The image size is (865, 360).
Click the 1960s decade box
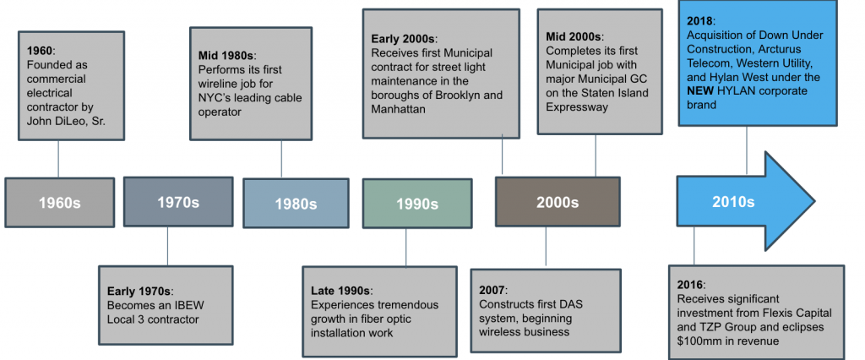pyautogui.click(x=60, y=203)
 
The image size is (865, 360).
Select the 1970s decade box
pyautogui.click(x=178, y=201)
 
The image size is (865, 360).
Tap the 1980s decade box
pyautogui.click(x=296, y=203)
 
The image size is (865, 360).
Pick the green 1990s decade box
pyautogui.click(x=417, y=204)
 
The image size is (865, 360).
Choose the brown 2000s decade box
pyautogui.click(x=558, y=202)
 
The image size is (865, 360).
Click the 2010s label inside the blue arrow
pyautogui.click(x=733, y=202)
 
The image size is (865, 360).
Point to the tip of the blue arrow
pyautogui.click(x=814, y=201)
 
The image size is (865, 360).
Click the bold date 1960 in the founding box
pyautogui.click(x=40, y=51)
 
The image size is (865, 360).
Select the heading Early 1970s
pyautogui.click(x=140, y=291)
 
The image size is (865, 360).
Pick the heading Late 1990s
pyautogui.click(x=341, y=291)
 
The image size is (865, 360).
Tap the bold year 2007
pyautogui.click(x=491, y=290)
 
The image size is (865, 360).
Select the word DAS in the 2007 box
pyautogui.click(x=573, y=304)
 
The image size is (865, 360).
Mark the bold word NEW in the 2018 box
pyautogui.click(x=700, y=90)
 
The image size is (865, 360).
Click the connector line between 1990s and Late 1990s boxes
pyautogui.click(x=406, y=248)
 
